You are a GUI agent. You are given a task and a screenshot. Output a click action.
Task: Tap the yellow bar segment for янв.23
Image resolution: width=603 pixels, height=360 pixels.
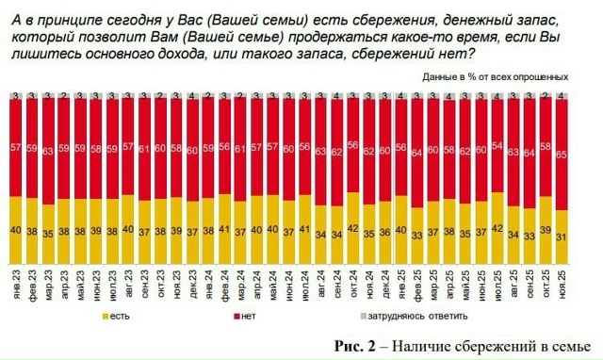pyautogui.click(x=16, y=230)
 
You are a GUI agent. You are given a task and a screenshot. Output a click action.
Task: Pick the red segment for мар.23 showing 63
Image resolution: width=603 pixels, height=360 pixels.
pyautogui.click(x=48, y=151)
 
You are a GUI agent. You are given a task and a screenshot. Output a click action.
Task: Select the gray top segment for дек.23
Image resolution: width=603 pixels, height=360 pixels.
pyautogui.click(x=192, y=97)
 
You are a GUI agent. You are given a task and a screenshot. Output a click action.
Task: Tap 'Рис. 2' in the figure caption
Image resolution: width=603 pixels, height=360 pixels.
pyautogui.click(x=356, y=344)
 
